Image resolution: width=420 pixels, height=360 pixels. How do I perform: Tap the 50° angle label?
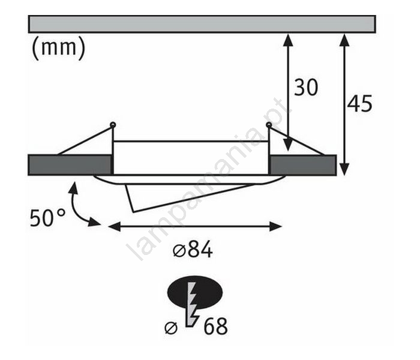click(47, 217)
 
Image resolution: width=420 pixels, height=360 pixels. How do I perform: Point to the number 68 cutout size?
click(215, 327)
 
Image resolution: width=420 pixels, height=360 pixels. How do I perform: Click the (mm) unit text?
click(58, 49)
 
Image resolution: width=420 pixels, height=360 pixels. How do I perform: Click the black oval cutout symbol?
click(195, 292)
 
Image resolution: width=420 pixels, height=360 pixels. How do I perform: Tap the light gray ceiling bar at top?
click(202, 23)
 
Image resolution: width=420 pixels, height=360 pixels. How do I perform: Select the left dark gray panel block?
click(70, 164)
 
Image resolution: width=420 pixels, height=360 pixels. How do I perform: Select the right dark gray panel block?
click(302, 164)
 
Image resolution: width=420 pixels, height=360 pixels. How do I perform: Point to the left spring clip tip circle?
click(112, 125)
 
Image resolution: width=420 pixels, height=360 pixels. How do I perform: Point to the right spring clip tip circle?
click(268, 125)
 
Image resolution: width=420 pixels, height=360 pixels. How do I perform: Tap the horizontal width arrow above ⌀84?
click(194, 226)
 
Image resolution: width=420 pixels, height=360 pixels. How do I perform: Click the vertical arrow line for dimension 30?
click(288, 90)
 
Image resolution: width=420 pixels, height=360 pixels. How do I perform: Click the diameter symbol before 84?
click(178, 251)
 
